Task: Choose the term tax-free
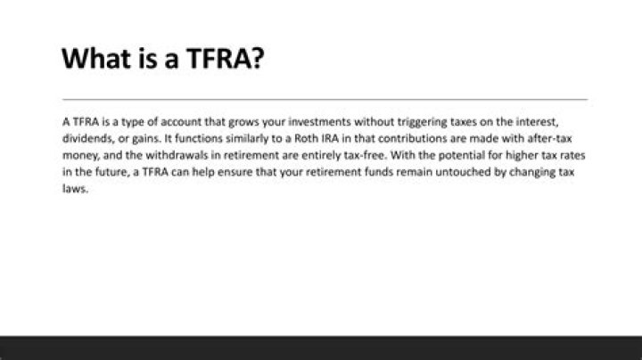pyautogui.click(x=350, y=155)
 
